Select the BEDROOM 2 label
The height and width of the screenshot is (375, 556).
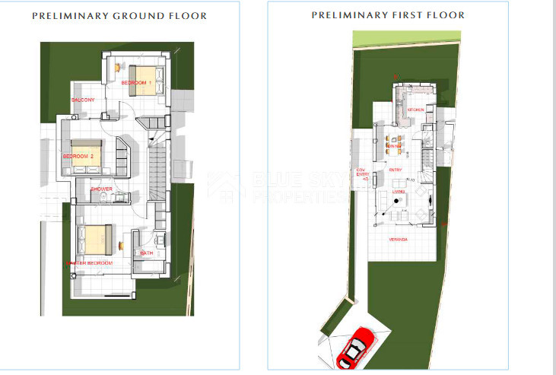pyautogui.click(x=78, y=156)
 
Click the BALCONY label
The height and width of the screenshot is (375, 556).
pyautogui.click(x=83, y=100)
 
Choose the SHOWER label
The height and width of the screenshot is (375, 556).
pyautogui.click(x=102, y=189)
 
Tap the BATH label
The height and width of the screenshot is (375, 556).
pyautogui.click(x=147, y=253)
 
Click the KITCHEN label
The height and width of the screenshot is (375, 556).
pyautogui.click(x=415, y=110)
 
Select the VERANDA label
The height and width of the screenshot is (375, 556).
pyautogui.click(x=399, y=240)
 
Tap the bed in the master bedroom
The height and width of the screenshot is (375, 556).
pyautogui.click(x=97, y=240)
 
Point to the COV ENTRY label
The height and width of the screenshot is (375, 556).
pyautogui.click(x=362, y=173)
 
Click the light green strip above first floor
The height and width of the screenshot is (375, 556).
pyautogui.click(x=406, y=37)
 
